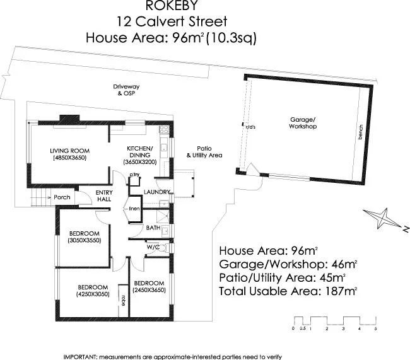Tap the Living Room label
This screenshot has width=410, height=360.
(x=70, y=151)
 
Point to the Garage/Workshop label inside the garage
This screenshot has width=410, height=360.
(x=303, y=123)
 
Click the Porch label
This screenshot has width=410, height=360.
(x=62, y=197)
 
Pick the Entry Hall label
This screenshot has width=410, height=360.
(x=104, y=196)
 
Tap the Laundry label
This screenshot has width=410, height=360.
(x=155, y=192)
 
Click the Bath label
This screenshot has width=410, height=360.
(x=153, y=228)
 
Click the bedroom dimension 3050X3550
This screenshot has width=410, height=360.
(x=84, y=241)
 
